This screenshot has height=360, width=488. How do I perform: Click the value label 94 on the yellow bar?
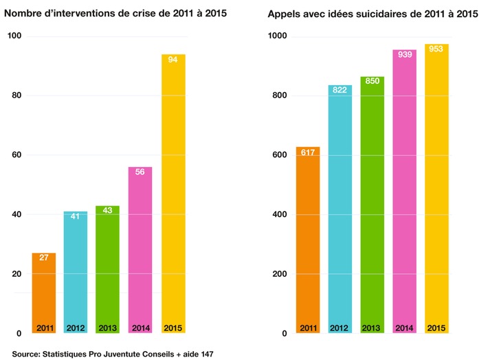[173, 60]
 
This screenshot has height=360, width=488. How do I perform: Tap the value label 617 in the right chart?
[308, 153]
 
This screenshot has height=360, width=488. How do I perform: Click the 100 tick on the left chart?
[13, 36]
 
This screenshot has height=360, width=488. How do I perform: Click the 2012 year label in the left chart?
[76, 328]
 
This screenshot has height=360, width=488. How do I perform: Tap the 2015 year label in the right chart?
[436, 328]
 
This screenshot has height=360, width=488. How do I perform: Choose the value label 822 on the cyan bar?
[340, 91]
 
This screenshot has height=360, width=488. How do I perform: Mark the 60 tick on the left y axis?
[16, 155]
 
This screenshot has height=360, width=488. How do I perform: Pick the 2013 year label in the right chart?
[373, 328]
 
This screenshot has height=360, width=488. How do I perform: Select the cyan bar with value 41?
[76, 275]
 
